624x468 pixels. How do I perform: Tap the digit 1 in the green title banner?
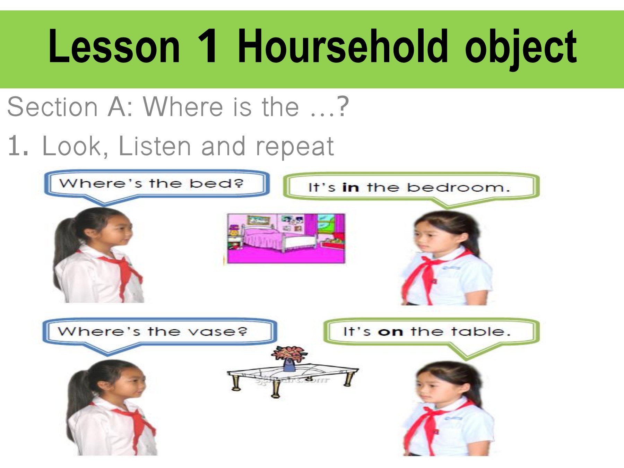[208, 47]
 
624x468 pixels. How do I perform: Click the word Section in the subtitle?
[52, 107]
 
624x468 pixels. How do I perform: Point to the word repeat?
[295, 147]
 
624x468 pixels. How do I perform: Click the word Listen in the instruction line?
[154, 146]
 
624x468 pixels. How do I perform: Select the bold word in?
[350, 188]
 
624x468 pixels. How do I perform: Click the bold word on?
[390, 332]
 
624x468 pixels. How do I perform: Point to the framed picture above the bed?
[258, 220]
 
